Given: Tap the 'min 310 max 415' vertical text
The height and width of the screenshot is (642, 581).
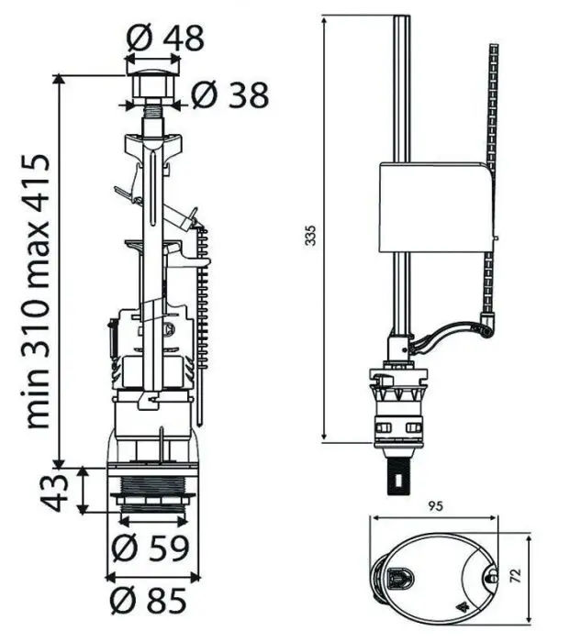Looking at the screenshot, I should click(x=38, y=292).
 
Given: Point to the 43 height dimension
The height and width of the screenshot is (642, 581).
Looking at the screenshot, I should click(x=56, y=491).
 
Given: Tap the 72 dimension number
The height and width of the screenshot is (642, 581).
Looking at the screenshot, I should click(x=517, y=576).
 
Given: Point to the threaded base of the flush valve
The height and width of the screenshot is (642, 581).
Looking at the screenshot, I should click(x=151, y=485).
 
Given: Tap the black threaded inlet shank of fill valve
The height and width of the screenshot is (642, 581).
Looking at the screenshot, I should click(x=397, y=475).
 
